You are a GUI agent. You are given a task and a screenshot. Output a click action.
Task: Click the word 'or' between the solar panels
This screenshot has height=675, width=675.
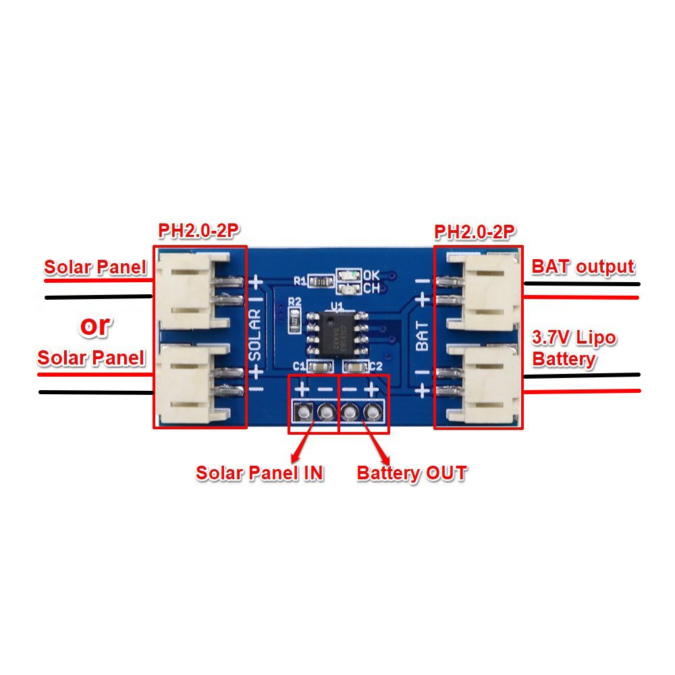pyautogui.click(x=94, y=325)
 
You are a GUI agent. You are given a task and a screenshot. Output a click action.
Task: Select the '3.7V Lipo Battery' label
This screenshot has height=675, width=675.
pyautogui.click(x=574, y=348)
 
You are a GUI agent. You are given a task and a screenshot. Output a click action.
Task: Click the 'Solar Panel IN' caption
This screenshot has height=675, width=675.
pyautogui.click(x=260, y=473)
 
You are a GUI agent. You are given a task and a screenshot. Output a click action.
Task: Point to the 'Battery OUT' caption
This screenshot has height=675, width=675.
pyautogui.click(x=411, y=473)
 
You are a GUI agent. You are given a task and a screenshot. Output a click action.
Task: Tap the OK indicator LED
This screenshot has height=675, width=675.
pyautogui.click(x=349, y=276)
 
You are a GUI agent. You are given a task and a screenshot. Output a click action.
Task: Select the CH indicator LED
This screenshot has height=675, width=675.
pyautogui.click(x=349, y=289)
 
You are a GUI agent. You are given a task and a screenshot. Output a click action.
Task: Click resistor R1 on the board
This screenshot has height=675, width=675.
pyautogui.click(x=323, y=281)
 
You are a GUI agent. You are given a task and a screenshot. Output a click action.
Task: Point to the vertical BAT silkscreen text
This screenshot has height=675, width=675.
pyautogui.click(x=422, y=335)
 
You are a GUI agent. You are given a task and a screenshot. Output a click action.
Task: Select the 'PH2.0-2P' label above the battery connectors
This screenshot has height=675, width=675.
pyautogui.click(x=476, y=233)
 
